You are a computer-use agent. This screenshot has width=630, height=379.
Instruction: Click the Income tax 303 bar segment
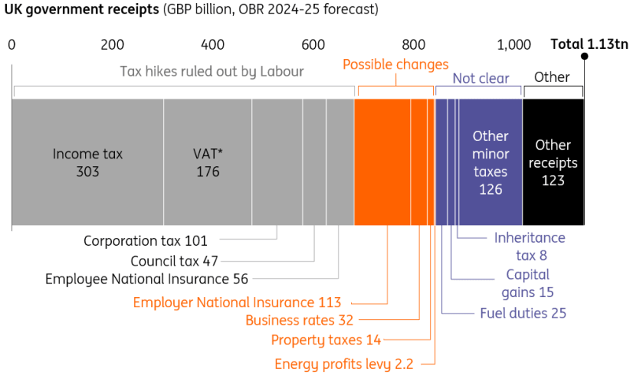pos(87,162)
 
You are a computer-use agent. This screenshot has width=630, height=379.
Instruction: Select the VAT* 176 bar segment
pos(208,162)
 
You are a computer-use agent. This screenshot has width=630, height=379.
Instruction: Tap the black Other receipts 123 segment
pos(553,162)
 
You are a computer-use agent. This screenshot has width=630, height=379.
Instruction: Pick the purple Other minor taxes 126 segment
pos(491,162)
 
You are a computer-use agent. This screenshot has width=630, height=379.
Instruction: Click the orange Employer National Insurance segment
pos(383,162)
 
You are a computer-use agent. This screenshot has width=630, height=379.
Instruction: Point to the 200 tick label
pos(113,45)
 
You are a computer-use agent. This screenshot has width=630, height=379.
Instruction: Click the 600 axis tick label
pos(313,45)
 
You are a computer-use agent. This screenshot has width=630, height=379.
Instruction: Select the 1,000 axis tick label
pos(514,45)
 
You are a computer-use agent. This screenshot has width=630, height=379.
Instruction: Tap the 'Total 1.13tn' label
pos(590,45)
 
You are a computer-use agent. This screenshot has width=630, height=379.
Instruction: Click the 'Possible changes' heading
pos(395,65)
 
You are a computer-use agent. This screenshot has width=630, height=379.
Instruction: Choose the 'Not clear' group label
pos(480,78)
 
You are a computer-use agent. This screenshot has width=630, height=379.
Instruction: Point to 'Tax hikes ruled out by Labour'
pos(212,72)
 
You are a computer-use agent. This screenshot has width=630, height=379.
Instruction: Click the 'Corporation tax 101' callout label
pos(150,240)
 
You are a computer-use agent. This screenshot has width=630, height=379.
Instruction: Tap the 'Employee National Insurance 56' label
pos(146,279)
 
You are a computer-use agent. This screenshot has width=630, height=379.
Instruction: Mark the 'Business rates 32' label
pos(299,320)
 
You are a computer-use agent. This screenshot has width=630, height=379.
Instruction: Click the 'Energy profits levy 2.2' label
pos(344,364)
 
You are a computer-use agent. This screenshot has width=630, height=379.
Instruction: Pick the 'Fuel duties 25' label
pos(523,313)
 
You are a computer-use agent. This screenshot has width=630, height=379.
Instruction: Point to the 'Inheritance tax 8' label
pos(530,246)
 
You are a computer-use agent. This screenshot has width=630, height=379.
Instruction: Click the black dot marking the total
pos(584,57)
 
